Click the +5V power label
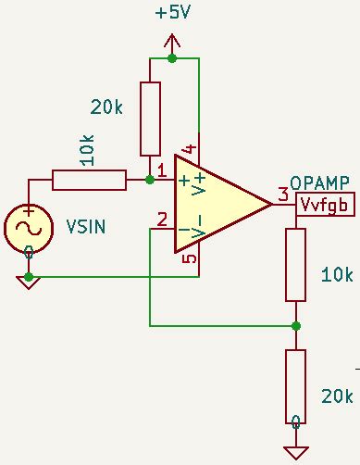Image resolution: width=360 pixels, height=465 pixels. (x=173, y=13)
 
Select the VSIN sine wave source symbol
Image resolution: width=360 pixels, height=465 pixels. (x=29, y=228)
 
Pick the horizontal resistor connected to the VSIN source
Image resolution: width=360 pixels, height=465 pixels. (x=89, y=180)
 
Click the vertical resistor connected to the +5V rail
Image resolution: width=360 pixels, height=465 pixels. (x=150, y=119)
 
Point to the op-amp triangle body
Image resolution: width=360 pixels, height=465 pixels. (x=217, y=203)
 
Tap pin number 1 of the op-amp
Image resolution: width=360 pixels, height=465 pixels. (x=162, y=170)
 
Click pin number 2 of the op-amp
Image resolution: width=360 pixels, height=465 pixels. (x=162, y=220)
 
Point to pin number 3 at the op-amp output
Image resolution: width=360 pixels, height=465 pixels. (x=282, y=195)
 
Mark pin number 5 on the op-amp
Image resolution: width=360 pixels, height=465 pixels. (x=189, y=258)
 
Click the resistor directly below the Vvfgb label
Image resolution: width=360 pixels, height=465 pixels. (x=295, y=264)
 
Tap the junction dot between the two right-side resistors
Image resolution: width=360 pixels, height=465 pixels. (x=295, y=326)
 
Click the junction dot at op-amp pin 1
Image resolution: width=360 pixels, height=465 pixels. (x=150, y=180)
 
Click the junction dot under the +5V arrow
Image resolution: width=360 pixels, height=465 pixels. (x=172, y=58)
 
